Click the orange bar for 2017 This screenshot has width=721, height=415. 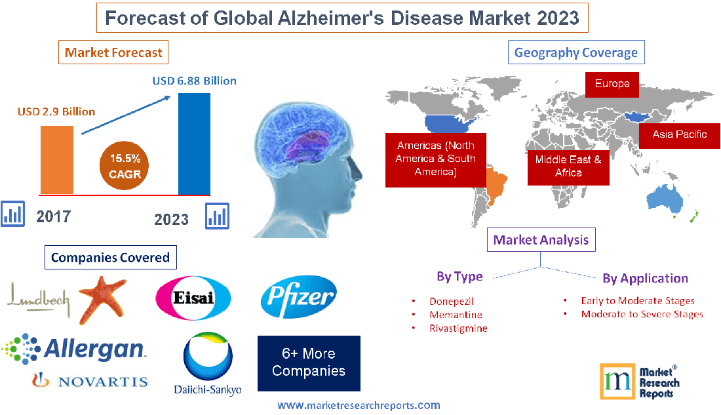click(x=57, y=159)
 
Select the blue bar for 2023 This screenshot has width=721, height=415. click(x=195, y=144)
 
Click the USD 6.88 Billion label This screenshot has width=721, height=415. click(x=194, y=81)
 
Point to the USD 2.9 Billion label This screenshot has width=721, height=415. click(x=56, y=111)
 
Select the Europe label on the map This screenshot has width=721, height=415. click(x=612, y=84)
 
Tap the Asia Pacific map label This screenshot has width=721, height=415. click(x=679, y=134)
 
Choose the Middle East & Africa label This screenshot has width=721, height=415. click(x=568, y=166)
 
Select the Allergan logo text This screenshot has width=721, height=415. click(x=94, y=349)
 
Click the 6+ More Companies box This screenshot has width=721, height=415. click(x=309, y=363)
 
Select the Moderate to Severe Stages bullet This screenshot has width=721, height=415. click(x=642, y=314)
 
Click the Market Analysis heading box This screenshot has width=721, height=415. click(x=541, y=240)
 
